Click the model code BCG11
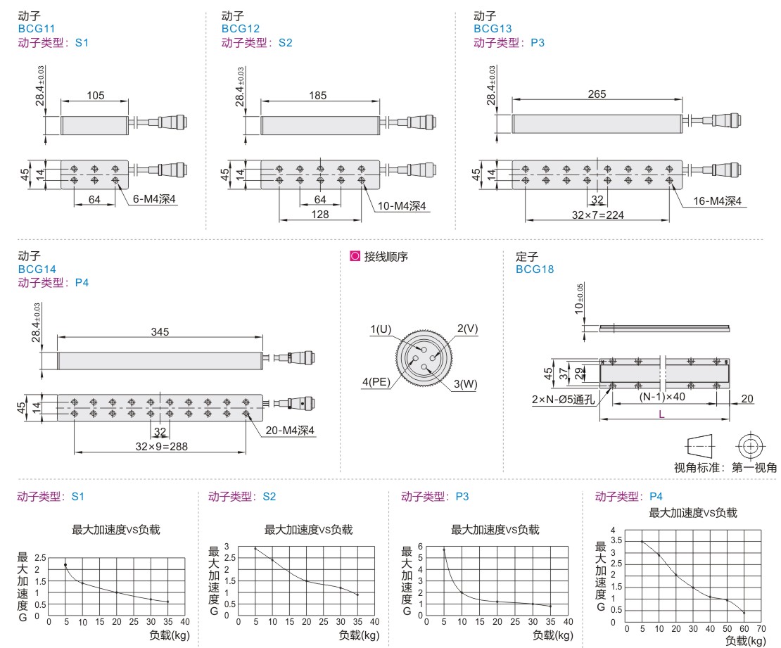(37, 29)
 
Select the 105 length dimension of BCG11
(96, 95)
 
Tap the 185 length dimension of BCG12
(318, 95)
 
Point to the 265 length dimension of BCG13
(597, 94)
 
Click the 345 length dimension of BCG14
(160, 331)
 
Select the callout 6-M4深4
(154, 199)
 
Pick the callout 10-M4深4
(402, 206)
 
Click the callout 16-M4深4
(717, 201)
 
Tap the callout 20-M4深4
(290, 431)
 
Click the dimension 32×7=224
(597, 215)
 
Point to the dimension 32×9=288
(161, 447)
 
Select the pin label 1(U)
(381, 329)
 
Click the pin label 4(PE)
(376, 382)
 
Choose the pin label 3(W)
(465, 384)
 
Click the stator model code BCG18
(535, 269)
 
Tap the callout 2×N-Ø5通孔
(563, 400)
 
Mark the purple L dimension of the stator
(661, 414)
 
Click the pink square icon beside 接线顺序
(355, 256)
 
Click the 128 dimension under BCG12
(319, 214)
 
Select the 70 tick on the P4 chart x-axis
(761, 628)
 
